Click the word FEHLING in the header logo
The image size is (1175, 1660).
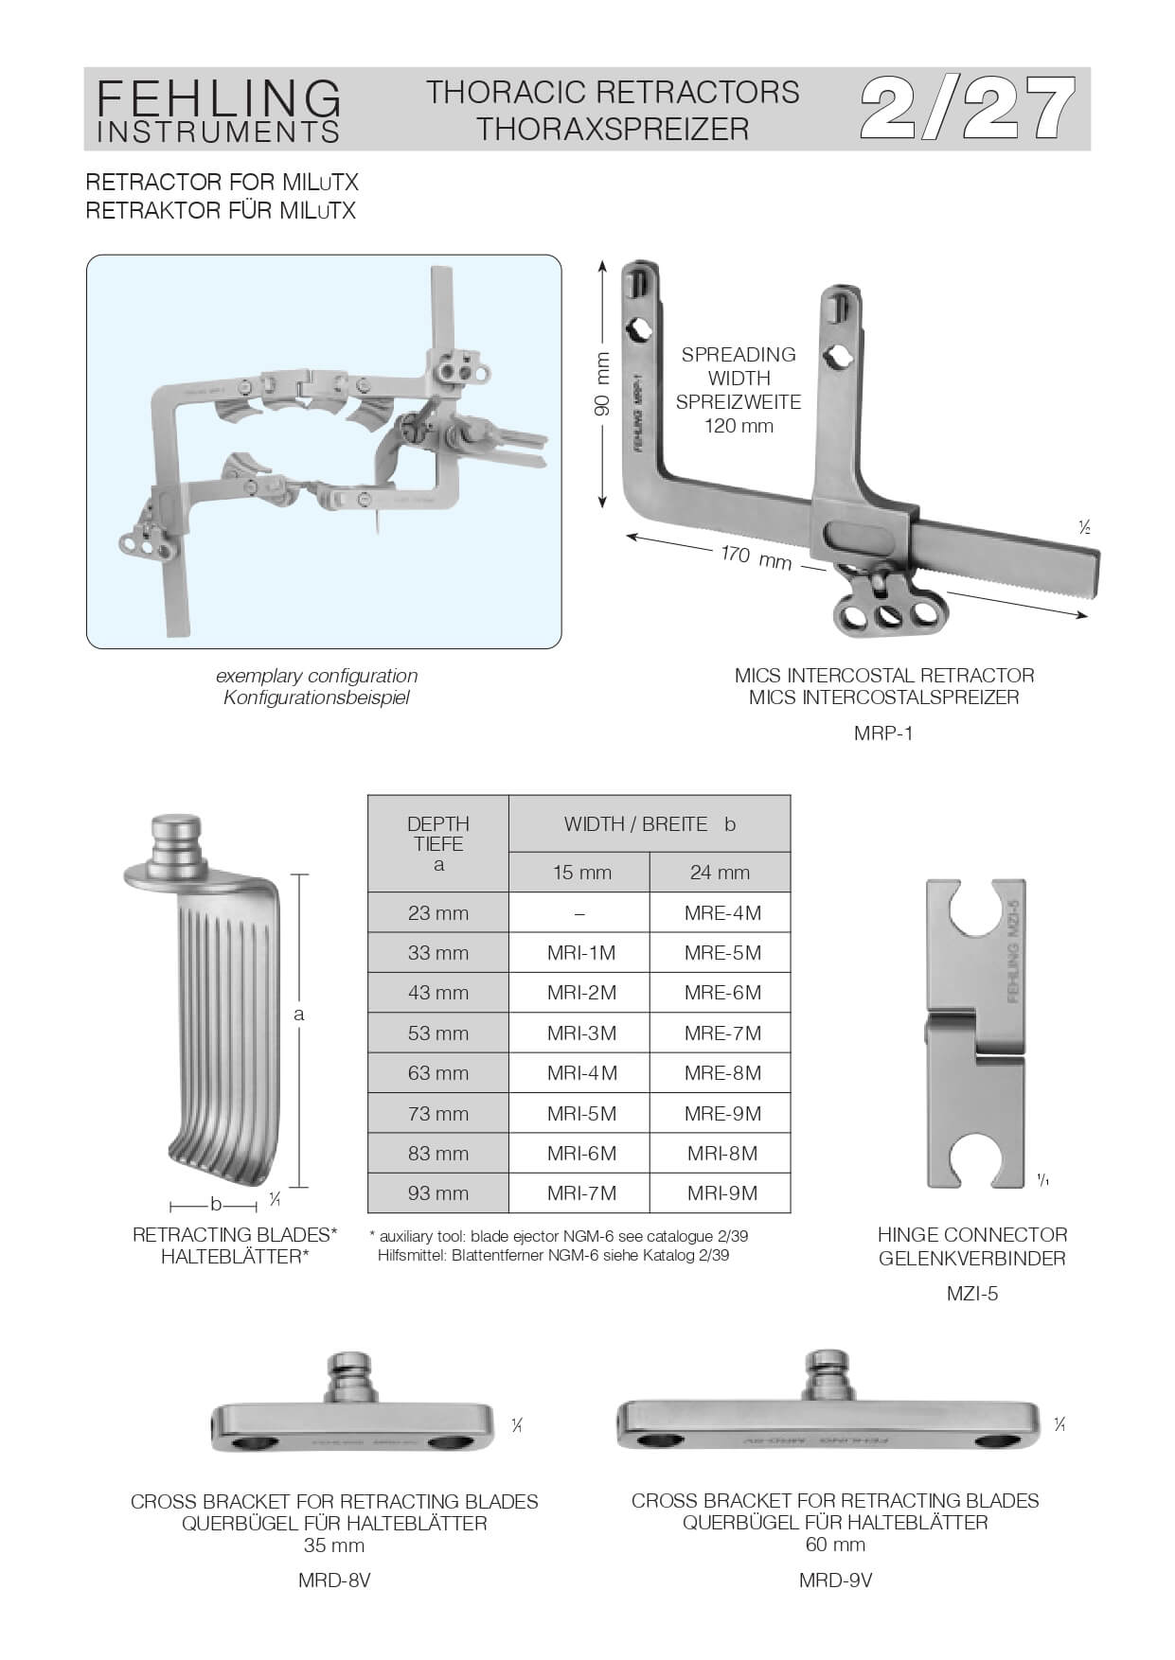(219, 97)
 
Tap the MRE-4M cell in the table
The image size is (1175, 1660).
(721, 913)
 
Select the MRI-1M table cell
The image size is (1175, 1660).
(580, 953)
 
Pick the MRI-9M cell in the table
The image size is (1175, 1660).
(721, 1193)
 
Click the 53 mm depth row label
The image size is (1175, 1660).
(437, 1033)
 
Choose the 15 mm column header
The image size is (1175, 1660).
(581, 873)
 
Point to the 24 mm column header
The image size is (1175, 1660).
(720, 873)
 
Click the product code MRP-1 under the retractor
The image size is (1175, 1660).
(883, 733)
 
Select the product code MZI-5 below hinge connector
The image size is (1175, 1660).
(971, 1293)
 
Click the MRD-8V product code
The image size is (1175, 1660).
(333, 1581)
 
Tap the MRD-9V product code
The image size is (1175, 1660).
(835, 1580)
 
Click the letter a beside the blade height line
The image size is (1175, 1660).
(299, 1015)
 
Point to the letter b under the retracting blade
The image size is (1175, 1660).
(216, 1205)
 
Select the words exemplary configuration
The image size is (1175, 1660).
(316, 676)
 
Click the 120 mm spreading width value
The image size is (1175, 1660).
(739, 426)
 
